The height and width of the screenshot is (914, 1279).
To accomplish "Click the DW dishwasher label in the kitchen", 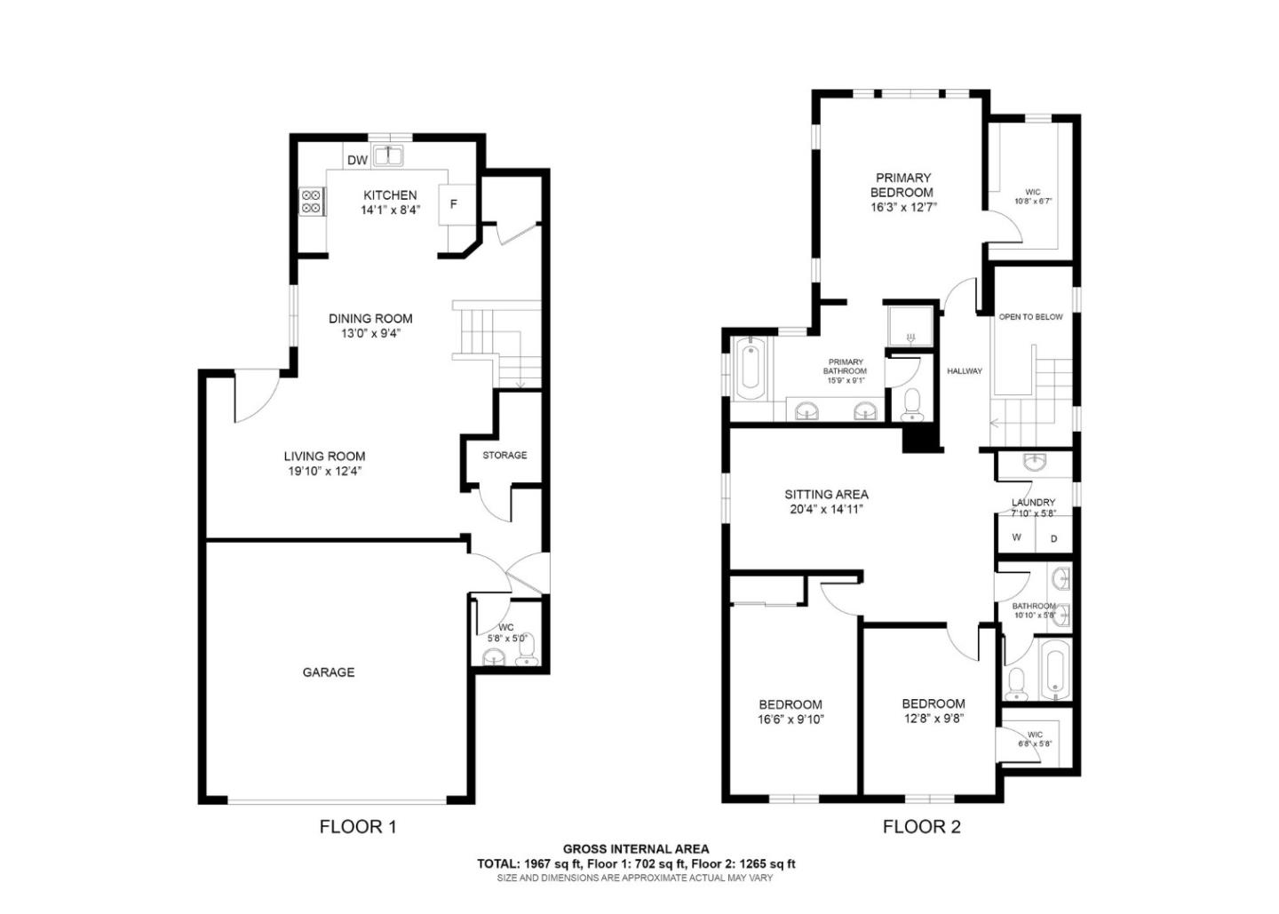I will (x=357, y=160).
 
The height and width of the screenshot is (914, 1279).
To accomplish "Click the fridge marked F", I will (x=454, y=204).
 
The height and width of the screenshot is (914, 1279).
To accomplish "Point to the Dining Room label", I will (x=370, y=318).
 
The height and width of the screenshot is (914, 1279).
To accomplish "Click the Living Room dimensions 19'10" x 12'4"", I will (x=324, y=472).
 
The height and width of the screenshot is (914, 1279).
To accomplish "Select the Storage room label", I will (x=504, y=455).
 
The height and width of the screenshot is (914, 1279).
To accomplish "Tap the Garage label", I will (x=329, y=672).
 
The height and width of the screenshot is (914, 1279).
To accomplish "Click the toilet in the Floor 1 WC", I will (x=528, y=656).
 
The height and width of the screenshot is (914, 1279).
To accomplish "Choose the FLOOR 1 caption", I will (x=357, y=827).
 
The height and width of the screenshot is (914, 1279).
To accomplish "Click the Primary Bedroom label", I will (x=902, y=185).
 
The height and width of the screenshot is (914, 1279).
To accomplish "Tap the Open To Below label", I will (x=1030, y=317).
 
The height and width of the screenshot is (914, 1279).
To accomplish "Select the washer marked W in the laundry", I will (x=1017, y=537).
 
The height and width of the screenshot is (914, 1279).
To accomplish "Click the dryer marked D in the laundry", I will (x=1054, y=538).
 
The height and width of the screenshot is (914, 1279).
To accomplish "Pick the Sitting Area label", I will (x=826, y=495).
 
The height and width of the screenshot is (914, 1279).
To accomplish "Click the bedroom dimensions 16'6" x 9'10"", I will (x=790, y=720).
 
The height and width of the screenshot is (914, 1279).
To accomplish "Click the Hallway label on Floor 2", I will (x=965, y=371).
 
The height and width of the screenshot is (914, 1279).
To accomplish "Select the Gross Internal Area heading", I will (x=636, y=849).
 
